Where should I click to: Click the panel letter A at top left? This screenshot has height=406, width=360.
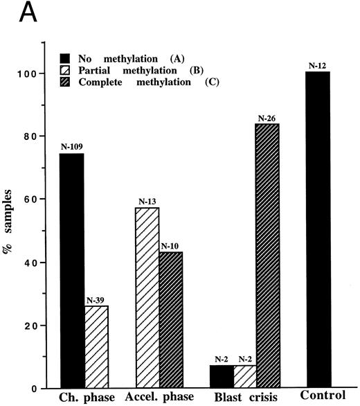pyautogui.click(x=13, y=12)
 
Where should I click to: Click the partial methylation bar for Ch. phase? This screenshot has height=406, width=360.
pyautogui.click(x=98, y=346)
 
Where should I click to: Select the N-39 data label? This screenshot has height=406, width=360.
pyautogui.click(x=97, y=300)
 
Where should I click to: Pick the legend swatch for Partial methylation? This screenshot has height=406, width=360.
pyautogui.click(x=54, y=62)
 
